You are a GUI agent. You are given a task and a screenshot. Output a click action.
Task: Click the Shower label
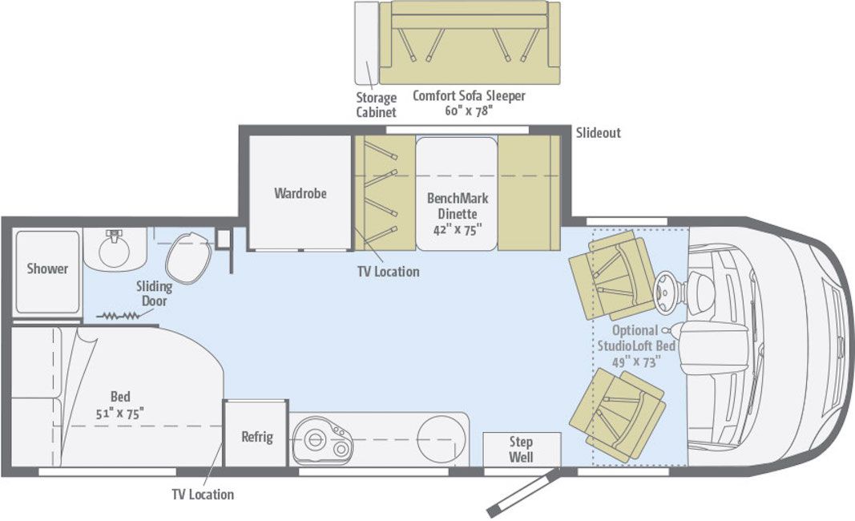pyautogui.click(x=47, y=269)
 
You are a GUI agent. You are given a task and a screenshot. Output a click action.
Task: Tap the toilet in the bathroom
pyautogui.click(x=188, y=256)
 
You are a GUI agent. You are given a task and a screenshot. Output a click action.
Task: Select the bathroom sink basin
pyautogui.click(x=117, y=251)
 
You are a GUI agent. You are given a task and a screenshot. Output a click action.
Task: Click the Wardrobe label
pyautogui.click(x=300, y=193)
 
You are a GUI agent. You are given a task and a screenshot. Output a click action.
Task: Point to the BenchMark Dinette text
pyautogui.click(x=458, y=206)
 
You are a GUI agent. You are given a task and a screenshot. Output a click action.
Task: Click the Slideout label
pyautogui.click(x=598, y=133)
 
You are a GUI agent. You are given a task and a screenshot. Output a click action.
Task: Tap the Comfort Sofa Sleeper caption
pyautogui.click(x=469, y=96)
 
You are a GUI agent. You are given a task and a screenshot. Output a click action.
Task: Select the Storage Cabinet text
pyautogui.click(x=376, y=105)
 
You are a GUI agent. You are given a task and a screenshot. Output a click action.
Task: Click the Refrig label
pyautogui.click(x=257, y=437)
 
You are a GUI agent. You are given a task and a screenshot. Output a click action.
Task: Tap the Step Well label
pyautogui.click(x=521, y=449)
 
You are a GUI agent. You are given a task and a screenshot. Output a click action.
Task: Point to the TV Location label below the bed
pyautogui.click(x=203, y=495)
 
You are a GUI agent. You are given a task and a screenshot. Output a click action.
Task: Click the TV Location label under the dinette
pyautogui.click(x=388, y=272)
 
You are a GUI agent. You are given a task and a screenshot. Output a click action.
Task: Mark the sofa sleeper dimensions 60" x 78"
pyautogui.click(x=468, y=111)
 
